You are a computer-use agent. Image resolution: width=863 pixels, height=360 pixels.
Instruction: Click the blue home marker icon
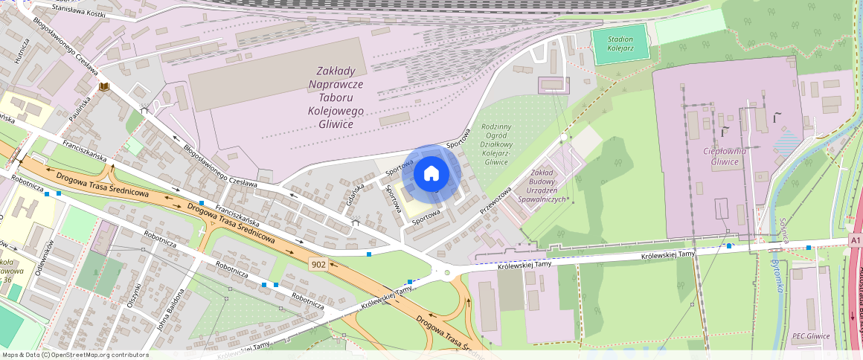coord(431,174)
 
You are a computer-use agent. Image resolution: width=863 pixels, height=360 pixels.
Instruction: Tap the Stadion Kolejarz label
coord(620,44)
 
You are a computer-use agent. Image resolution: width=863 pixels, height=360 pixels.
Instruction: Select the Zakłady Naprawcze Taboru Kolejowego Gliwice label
coord(336,97)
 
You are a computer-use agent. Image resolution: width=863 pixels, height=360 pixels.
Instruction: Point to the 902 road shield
coord(318,264)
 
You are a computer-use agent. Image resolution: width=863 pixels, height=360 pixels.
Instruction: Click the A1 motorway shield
coord(856,241)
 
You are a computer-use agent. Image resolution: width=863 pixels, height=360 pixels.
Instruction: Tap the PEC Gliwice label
coord(811,336)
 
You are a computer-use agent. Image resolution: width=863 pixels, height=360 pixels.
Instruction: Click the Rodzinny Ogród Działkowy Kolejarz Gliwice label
coord(496,144)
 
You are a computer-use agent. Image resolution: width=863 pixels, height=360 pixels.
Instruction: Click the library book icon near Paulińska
coord(104,89)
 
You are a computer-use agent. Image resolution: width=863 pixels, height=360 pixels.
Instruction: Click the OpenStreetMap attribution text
coord(74,355)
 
